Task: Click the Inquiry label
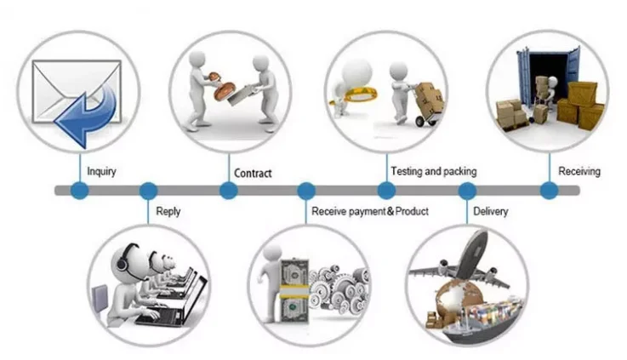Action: pyautogui.click(x=101, y=171)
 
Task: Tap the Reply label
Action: pyautogui.click(x=168, y=210)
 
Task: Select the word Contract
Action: pyautogui.click(x=253, y=173)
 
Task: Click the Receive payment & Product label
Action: pyautogui.click(x=369, y=210)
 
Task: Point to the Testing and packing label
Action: pyautogui.click(x=433, y=171)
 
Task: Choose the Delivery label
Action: pyautogui.click(x=490, y=210)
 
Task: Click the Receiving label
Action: pyautogui.click(x=579, y=171)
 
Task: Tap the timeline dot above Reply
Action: pyautogui.click(x=148, y=191)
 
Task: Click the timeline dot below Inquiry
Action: pyautogui.click(x=79, y=191)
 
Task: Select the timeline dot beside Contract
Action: pyautogui.click(x=228, y=191)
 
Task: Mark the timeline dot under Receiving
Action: pyautogui.click(x=550, y=191)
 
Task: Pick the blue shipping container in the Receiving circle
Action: pyautogui.click(x=544, y=72)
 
